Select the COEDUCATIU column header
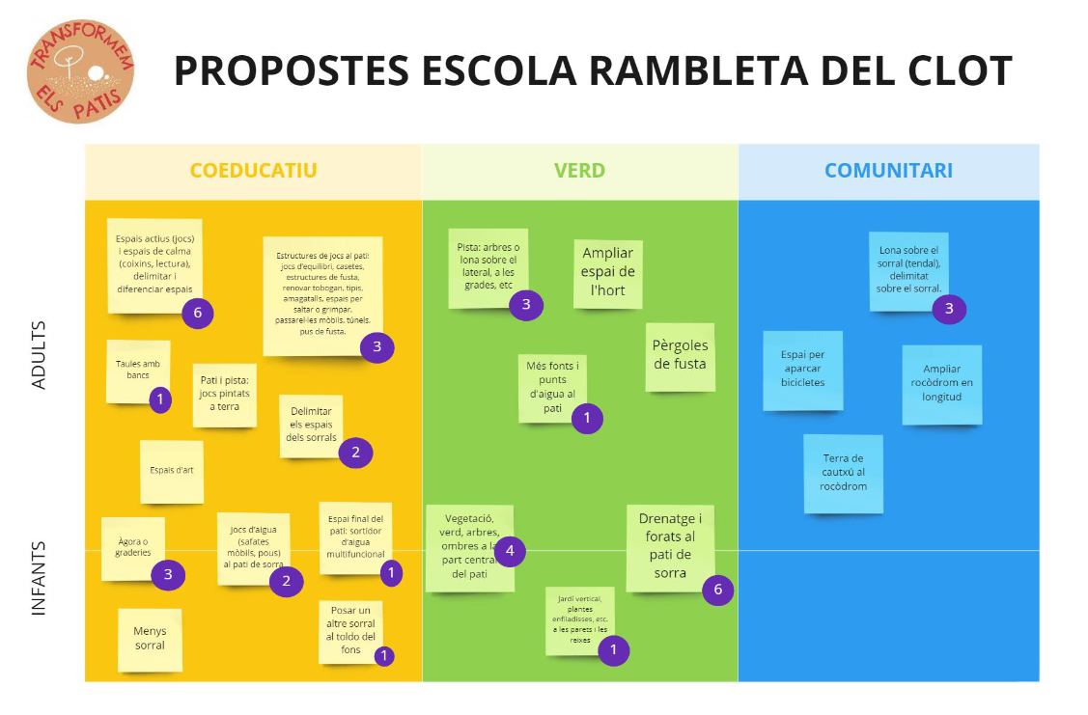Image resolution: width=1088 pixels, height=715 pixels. (x=253, y=171)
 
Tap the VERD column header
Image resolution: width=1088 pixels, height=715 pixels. (x=579, y=171)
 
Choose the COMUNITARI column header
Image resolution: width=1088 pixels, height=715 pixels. (x=888, y=171)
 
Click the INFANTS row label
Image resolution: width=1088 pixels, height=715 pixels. (x=40, y=578)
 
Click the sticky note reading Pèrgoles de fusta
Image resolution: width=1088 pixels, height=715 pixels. (x=680, y=355)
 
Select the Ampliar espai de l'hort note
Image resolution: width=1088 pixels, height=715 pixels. (x=608, y=272)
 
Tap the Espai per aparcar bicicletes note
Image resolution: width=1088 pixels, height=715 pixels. (x=802, y=369)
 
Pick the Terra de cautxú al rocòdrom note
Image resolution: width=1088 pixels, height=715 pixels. (x=843, y=472)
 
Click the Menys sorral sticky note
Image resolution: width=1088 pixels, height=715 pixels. (x=150, y=639)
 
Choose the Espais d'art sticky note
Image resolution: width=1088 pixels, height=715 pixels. (x=172, y=471)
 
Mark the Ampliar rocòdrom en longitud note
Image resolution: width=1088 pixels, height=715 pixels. (x=941, y=383)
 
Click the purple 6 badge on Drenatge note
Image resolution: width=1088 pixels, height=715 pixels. (x=717, y=590)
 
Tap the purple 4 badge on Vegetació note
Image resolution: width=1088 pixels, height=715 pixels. (x=510, y=552)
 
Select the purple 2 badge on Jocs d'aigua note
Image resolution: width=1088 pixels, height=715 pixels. (x=286, y=581)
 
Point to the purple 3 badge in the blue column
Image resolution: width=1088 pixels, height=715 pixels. (x=949, y=309)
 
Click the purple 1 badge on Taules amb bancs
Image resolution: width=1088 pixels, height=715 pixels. (x=160, y=399)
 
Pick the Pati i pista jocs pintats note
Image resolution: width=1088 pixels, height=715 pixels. (x=225, y=394)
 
